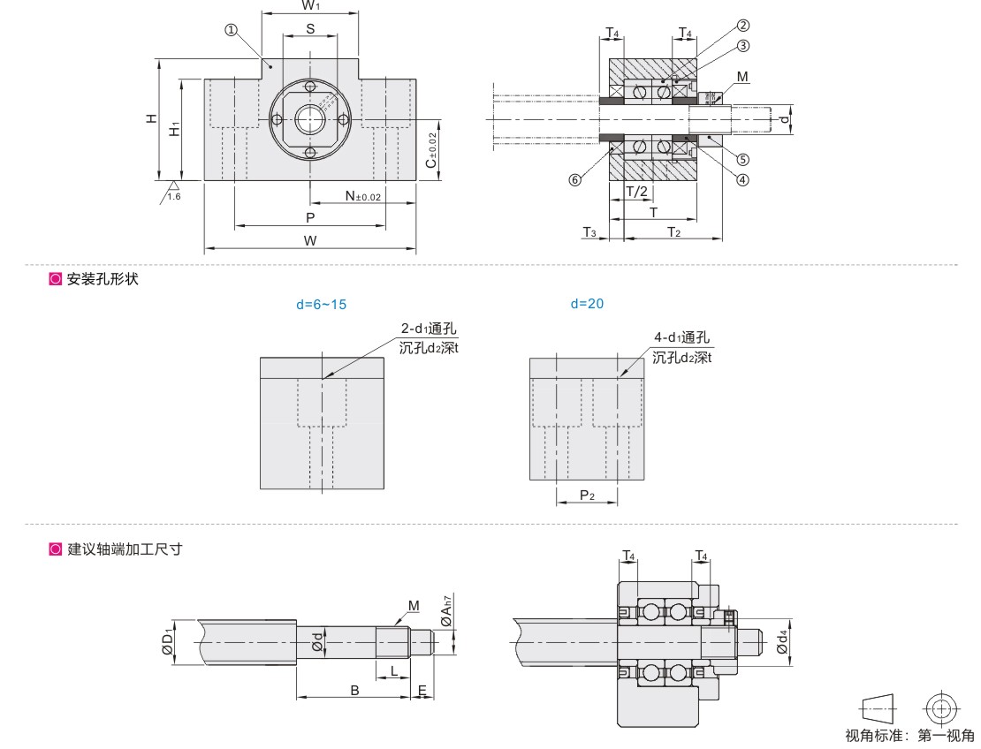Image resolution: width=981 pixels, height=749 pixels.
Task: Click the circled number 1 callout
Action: click(x=231, y=29)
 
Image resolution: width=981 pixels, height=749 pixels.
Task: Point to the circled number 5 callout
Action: click(x=743, y=160)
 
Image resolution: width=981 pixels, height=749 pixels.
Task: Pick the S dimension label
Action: click(x=310, y=28)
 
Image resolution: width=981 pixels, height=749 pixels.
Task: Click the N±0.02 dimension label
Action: click(x=362, y=196)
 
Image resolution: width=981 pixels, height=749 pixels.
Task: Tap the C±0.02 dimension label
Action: click(x=430, y=150)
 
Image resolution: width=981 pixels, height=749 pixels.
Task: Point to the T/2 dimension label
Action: click(x=636, y=192)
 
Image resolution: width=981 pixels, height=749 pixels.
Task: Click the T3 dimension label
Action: click(x=589, y=231)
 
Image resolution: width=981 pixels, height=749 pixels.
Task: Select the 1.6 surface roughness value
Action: click(x=174, y=196)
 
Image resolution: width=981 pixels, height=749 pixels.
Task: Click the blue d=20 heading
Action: click(x=587, y=303)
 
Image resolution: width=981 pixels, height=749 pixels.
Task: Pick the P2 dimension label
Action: click(x=587, y=496)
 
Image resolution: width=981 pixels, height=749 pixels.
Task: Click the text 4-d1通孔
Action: click(x=681, y=337)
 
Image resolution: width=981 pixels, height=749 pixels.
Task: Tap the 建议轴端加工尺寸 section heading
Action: click(x=125, y=549)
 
